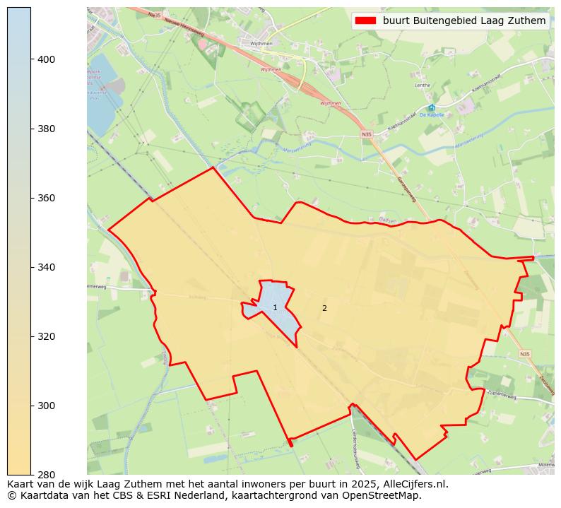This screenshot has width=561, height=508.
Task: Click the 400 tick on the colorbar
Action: click(47, 60)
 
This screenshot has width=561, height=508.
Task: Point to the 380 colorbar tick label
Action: click(47, 129)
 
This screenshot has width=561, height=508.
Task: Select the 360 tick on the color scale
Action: click(47, 199)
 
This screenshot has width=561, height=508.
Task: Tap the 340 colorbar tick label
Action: click(47, 268)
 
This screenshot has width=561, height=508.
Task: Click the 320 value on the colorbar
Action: click(47, 337)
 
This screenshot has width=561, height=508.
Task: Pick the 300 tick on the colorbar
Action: click(47, 406)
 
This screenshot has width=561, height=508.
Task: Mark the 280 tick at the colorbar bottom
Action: click(47, 474)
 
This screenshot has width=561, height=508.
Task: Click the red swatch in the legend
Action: click(365, 21)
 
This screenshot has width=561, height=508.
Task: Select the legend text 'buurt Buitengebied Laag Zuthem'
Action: click(464, 21)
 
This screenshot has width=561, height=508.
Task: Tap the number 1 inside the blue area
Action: click(275, 308)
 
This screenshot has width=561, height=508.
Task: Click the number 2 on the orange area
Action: click(324, 308)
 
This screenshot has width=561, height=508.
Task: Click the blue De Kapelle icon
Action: click(432, 108)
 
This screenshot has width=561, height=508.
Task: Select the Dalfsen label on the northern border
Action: click(386, 220)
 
